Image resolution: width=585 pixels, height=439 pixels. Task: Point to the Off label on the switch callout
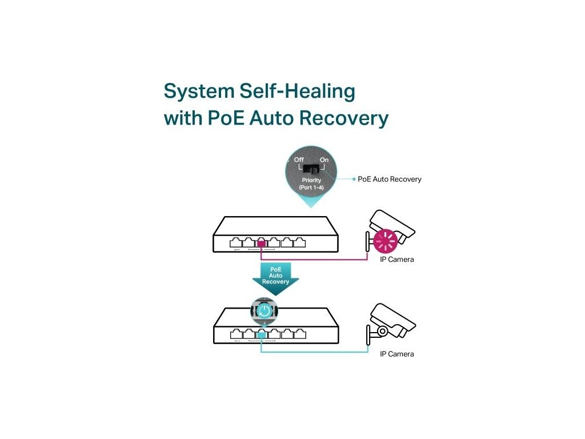299,159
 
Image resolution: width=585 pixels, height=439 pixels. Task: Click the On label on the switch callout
324,159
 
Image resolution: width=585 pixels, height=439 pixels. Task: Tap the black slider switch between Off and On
311,169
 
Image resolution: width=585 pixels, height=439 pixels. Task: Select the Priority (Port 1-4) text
311,183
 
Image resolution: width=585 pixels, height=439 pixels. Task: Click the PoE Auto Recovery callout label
390,179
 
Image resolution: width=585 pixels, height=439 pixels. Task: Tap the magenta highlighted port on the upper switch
261,243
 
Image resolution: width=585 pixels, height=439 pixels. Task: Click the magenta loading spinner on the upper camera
384,242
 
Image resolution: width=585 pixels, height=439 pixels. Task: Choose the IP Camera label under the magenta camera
397,260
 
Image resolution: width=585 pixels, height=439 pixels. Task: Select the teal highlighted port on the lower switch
261,334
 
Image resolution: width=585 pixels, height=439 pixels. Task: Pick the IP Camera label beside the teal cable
397,354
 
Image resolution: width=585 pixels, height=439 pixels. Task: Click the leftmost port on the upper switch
235,242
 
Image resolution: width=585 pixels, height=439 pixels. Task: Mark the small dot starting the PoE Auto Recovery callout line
354,179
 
